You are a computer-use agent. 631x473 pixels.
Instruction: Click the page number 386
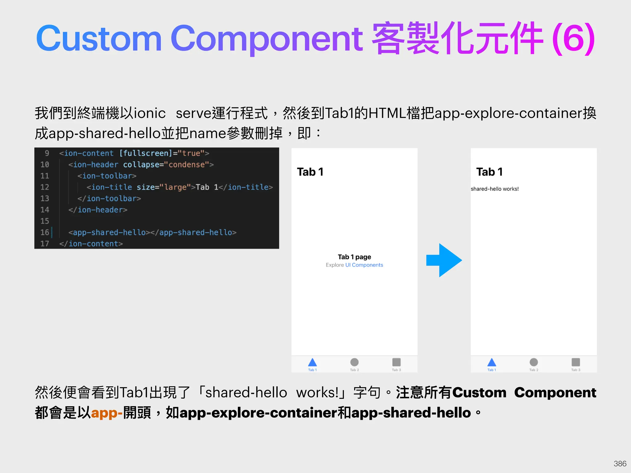(620, 463)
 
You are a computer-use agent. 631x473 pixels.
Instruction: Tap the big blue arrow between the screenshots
(444, 260)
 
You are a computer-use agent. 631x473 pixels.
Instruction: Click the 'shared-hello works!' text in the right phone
(495, 189)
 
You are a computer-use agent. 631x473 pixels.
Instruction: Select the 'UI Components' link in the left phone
(364, 265)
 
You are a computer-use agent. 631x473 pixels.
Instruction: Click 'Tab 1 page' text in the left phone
(354, 257)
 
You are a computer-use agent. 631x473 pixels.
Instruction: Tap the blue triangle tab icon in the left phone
(312, 362)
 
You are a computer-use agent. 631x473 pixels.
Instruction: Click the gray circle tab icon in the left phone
(354, 362)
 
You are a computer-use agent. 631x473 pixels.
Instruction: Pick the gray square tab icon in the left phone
(397, 362)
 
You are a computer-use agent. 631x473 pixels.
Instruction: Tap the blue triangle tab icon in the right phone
(492, 362)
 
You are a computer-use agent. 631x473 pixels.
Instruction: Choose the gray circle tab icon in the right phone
(534, 362)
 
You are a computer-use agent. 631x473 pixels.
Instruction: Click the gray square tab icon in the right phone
(576, 362)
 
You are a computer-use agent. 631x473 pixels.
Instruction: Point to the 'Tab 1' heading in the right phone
(489, 172)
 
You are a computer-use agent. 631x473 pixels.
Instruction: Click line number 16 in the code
(45, 232)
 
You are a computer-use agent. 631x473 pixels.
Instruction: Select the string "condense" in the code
(187, 164)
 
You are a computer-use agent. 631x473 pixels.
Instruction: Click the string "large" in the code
(175, 187)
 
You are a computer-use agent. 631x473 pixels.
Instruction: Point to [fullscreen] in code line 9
(146, 153)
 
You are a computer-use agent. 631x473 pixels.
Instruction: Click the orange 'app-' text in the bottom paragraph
(107, 413)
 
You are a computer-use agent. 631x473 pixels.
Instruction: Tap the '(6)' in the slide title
(574, 38)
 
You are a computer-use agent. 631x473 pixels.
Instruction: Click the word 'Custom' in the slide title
(99, 38)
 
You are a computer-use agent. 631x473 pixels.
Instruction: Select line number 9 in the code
(47, 153)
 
